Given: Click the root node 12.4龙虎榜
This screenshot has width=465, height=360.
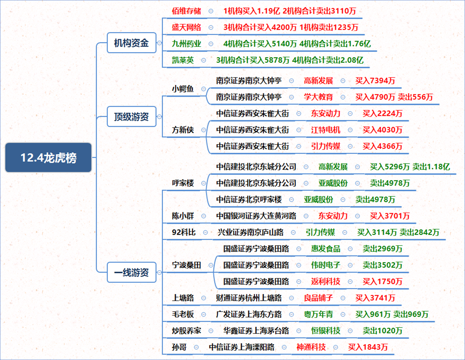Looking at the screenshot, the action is coord(48,158).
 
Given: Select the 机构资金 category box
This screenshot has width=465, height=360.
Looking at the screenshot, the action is coord(131,43).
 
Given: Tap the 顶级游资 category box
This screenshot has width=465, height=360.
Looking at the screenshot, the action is coord(131,117).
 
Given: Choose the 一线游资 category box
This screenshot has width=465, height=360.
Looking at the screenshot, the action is coord(131,272).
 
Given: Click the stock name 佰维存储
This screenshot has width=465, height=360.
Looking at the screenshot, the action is coord(186,11).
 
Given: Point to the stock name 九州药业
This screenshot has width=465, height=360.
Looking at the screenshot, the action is coord(186,44).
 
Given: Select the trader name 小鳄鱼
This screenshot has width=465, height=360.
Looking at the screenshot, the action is coord(183,89).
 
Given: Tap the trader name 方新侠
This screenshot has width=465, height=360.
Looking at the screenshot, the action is coord(183,130).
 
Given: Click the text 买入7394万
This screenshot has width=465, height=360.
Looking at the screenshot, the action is coord(375,81).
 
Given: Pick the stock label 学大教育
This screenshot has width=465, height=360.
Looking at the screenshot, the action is coord(318,97).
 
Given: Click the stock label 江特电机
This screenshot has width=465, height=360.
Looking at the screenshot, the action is coord(326,130).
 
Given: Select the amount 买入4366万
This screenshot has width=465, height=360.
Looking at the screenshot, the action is coord(382,146).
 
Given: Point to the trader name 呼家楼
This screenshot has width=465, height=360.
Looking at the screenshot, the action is coord(183,183).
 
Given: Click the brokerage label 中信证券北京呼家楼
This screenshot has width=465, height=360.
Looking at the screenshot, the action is coord(249,200).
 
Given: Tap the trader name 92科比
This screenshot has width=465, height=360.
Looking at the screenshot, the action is coord(184,232).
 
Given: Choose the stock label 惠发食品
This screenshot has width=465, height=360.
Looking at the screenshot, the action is coord(326,249).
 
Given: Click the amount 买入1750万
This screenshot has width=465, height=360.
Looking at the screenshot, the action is coord(382,281).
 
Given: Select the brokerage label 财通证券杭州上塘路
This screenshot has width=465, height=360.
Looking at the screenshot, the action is coord(249,298).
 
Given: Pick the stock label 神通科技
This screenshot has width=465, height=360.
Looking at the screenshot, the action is coord(311,347).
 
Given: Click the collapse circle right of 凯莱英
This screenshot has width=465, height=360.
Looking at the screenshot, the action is coord(204,60).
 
